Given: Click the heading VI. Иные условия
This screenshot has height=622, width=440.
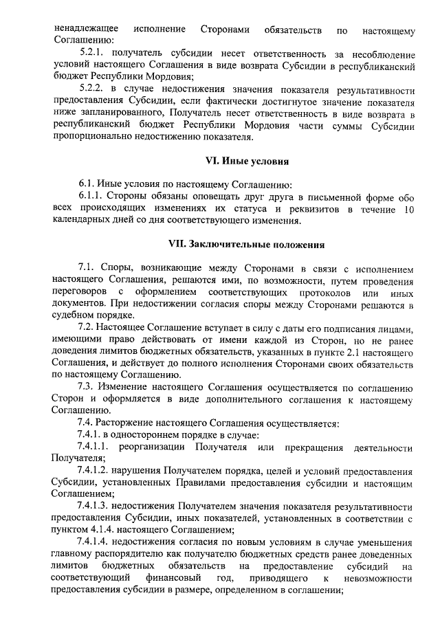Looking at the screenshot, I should [247, 162].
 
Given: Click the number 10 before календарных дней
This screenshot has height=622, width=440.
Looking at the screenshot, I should [407, 209].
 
